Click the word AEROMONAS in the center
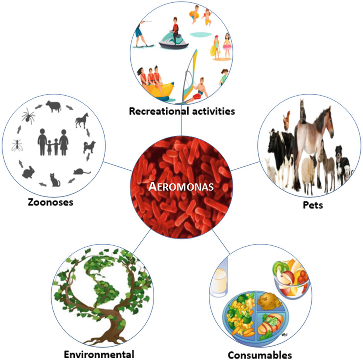point(181,187)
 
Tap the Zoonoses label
point(51,202)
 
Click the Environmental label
point(99,354)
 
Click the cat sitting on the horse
point(303,111)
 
